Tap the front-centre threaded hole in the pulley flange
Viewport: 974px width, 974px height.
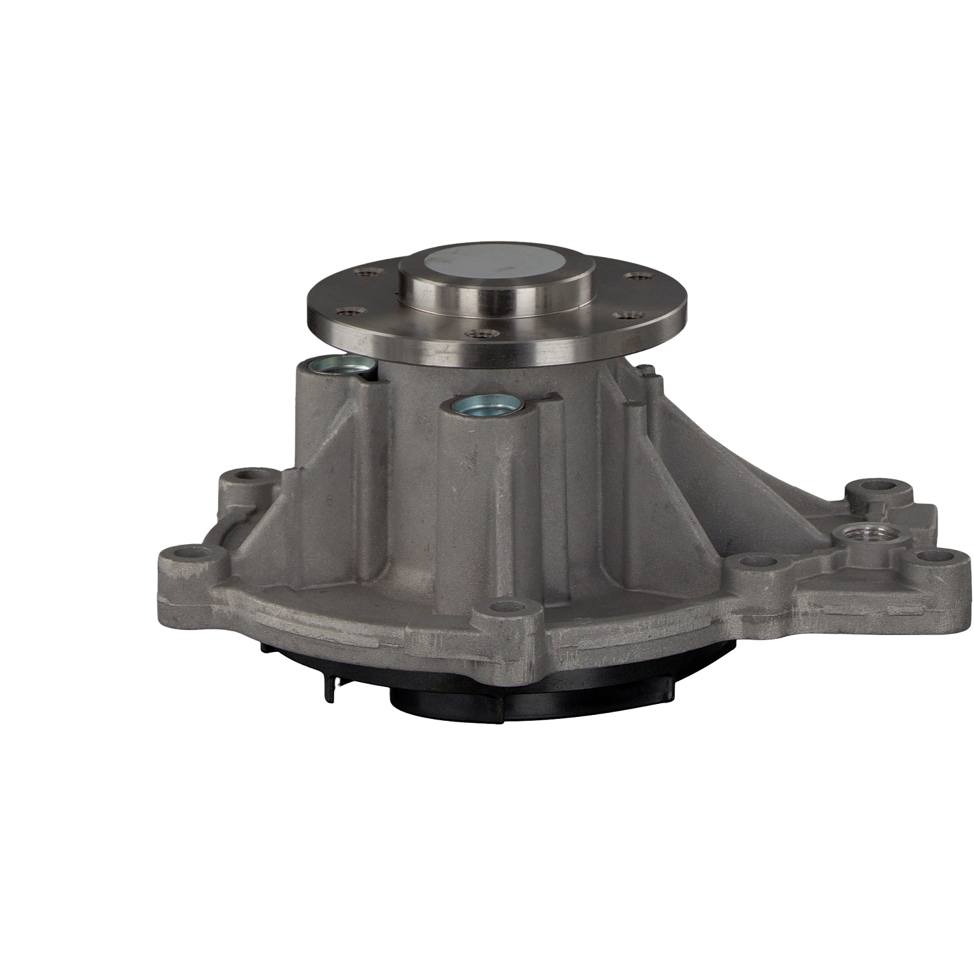click(479, 334)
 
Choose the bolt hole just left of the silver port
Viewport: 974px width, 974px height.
click(754, 563)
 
